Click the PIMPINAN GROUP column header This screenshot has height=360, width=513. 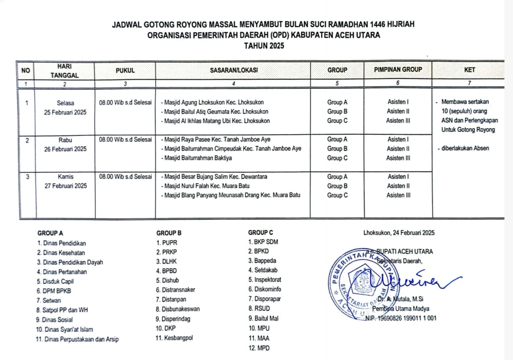[x=398, y=70]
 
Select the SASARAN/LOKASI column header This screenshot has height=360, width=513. [x=233, y=70]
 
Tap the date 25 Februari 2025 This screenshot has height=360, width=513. [x=66, y=112]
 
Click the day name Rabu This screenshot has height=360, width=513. [x=66, y=139]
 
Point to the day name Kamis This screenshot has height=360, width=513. [x=66, y=177]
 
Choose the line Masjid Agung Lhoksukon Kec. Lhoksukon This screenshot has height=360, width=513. [x=212, y=102]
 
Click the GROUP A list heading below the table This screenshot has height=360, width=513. [x=50, y=233]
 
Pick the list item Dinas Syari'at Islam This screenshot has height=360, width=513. [x=64, y=329]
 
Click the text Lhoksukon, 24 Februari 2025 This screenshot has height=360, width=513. [x=399, y=233]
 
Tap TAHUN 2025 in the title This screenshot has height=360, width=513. [x=264, y=45]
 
